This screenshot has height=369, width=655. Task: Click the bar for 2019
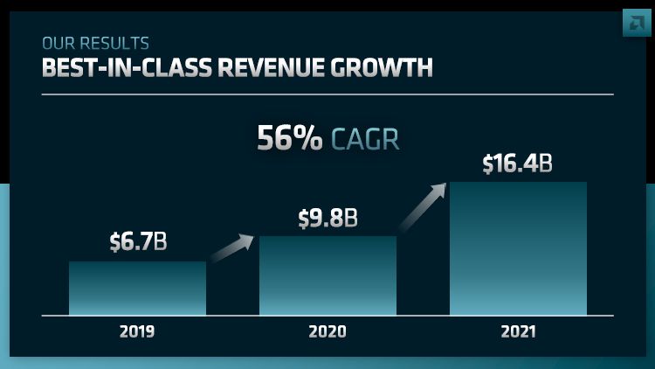click(137, 288)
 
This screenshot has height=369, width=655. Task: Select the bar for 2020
click(327, 275)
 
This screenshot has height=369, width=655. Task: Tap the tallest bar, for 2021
click(518, 248)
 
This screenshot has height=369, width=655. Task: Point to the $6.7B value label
click(137, 242)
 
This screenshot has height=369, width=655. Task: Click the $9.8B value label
click(327, 218)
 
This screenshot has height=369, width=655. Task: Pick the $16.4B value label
click(518, 164)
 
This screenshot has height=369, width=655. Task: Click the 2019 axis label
click(137, 331)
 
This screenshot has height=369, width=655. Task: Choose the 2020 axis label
click(327, 331)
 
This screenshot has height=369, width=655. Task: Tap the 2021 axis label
click(518, 331)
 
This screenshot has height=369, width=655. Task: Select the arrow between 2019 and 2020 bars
click(232, 247)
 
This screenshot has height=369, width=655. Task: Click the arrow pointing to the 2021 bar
click(422, 206)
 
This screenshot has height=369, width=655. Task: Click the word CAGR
click(365, 139)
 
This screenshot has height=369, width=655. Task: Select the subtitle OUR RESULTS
click(95, 43)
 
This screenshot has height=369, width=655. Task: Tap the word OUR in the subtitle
click(55, 43)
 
